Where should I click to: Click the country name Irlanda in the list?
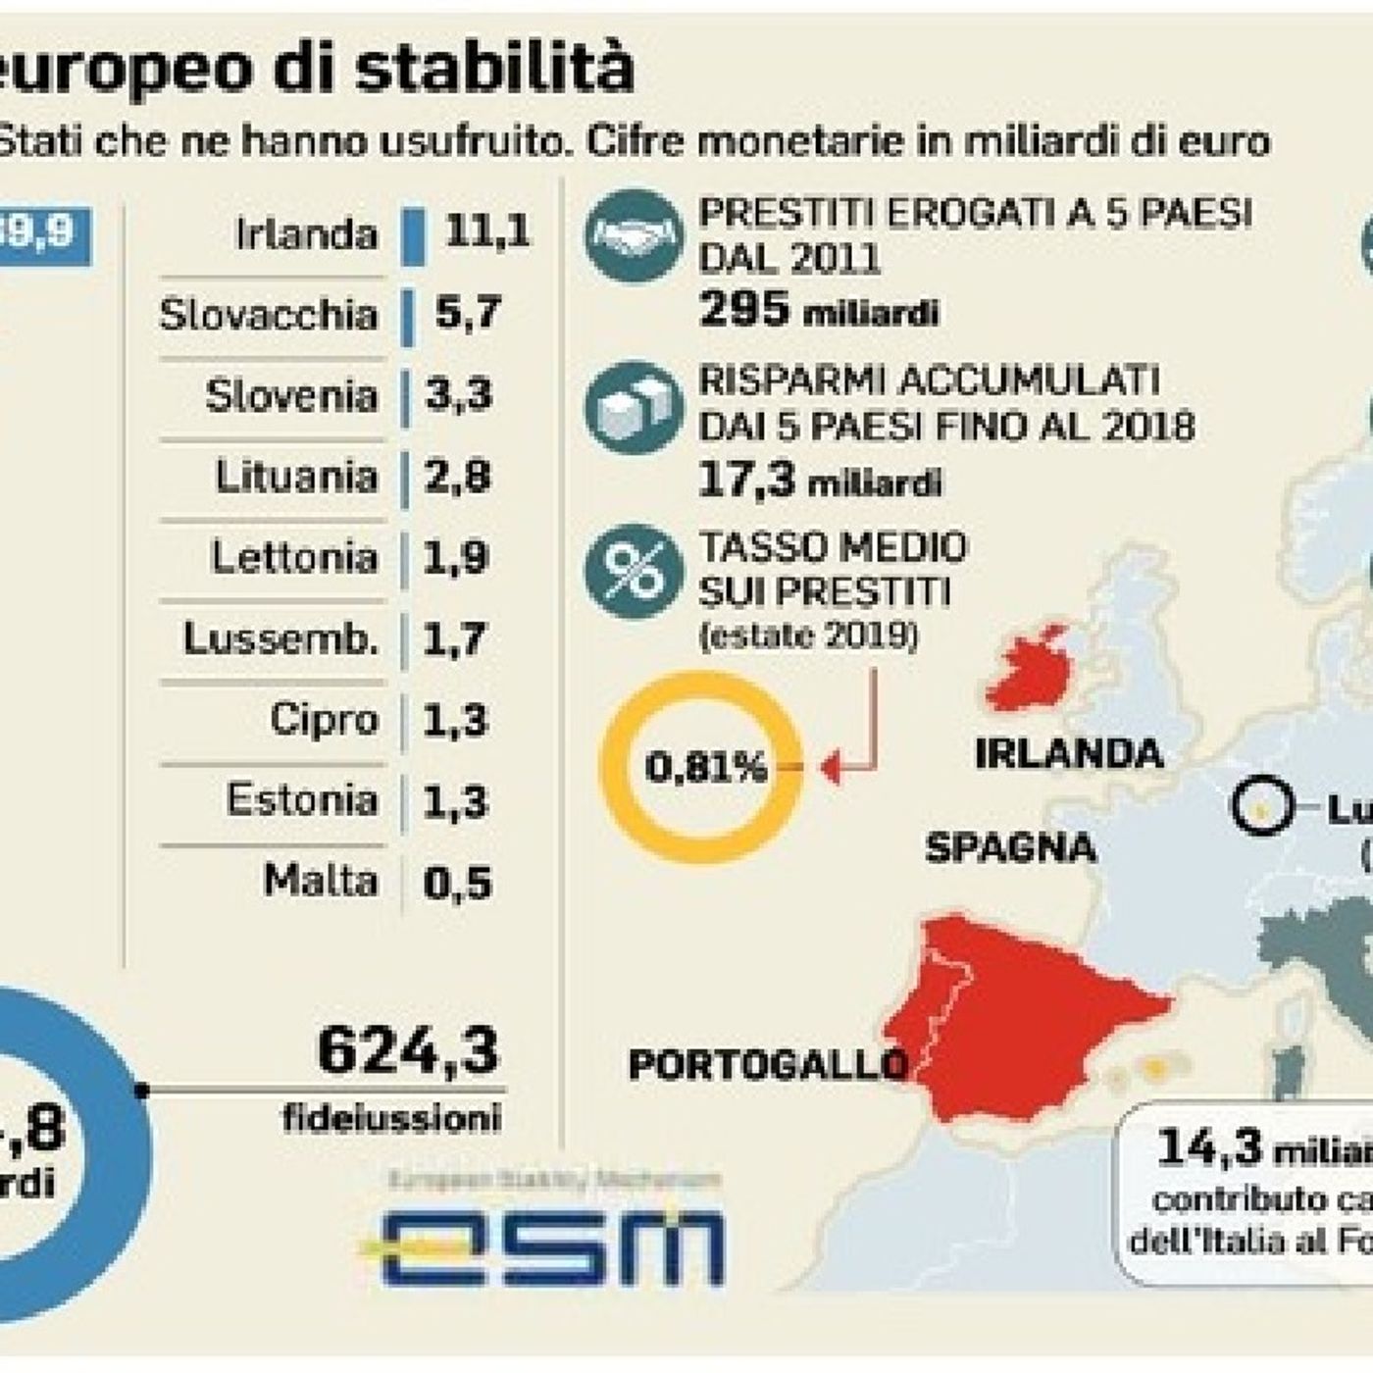(x=306, y=234)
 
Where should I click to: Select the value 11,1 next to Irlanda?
(x=486, y=231)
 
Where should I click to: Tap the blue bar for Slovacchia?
(x=407, y=315)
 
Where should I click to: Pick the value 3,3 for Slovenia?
(x=458, y=395)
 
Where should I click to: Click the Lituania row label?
(x=296, y=477)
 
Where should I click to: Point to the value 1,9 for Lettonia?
(x=456, y=557)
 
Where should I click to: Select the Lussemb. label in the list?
(x=280, y=638)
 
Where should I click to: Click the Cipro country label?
(x=324, y=719)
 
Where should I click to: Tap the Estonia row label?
(x=302, y=800)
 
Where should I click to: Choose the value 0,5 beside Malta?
(x=457, y=883)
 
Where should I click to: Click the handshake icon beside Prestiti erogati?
(x=633, y=236)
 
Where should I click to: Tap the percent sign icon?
(x=633, y=572)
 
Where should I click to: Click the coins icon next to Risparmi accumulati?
(x=633, y=404)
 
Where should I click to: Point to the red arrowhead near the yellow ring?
(x=830, y=769)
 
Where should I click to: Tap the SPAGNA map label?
(x=1010, y=847)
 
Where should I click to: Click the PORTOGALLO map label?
(x=767, y=1065)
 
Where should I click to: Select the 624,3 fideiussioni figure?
(x=408, y=1051)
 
